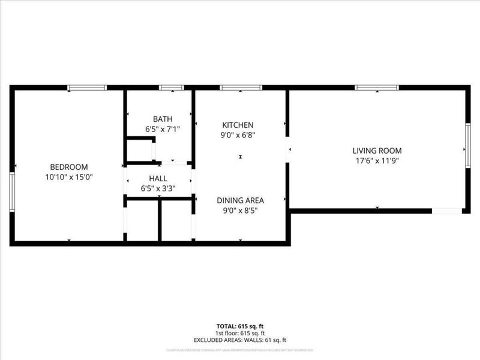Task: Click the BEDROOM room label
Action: pos(68,167)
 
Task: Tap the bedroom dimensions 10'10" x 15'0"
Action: pos(68,177)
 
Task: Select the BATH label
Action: pos(162,119)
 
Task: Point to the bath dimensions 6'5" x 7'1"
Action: pos(162,129)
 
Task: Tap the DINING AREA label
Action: pos(240,200)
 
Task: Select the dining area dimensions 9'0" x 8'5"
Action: pos(240,211)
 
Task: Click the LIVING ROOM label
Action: pos(377,151)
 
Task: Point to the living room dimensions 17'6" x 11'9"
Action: pos(377,161)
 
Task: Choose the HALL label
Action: pos(158,179)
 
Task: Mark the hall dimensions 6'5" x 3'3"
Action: pos(158,189)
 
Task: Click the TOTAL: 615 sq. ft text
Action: pos(239,326)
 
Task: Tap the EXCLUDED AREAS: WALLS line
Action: pos(239,340)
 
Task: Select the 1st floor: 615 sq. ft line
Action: pos(239,333)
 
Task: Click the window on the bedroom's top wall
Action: pos(87,88)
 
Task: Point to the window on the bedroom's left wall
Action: pos(11,193)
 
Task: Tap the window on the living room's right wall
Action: pos(468,145)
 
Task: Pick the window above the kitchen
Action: pos(241,88)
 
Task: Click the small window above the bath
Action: pos(171,88)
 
